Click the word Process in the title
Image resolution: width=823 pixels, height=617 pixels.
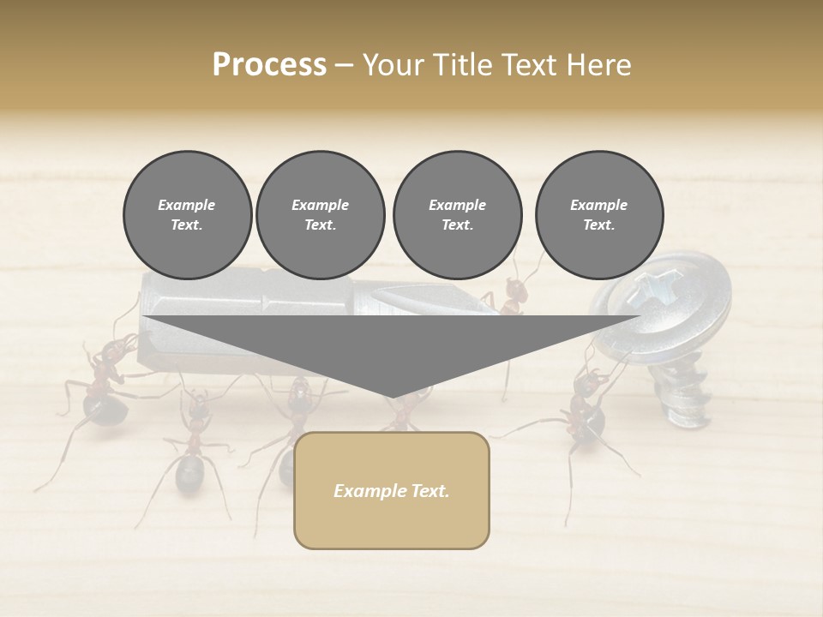269,65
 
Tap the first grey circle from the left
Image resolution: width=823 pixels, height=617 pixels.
187,215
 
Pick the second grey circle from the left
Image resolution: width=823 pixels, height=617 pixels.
321,215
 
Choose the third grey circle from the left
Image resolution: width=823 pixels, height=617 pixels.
457,215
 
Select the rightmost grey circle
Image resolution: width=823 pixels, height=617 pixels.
599,215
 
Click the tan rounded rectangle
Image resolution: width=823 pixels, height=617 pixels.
391,490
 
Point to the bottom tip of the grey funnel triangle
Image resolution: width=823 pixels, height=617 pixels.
392,397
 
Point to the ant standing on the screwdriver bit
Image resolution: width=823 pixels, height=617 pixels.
513,296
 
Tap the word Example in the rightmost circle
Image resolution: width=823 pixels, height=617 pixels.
599,205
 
